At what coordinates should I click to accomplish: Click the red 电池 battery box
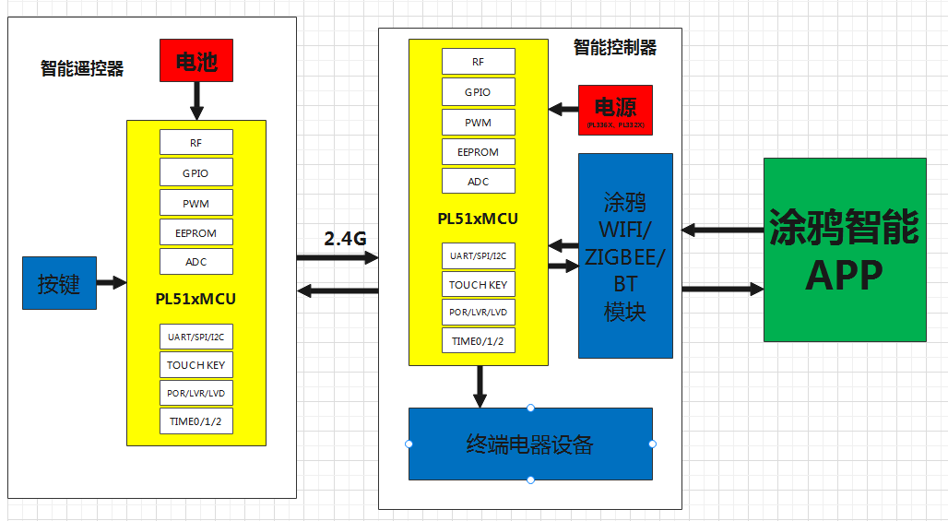(x=196, y=61)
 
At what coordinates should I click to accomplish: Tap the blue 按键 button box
(x=59, y=283)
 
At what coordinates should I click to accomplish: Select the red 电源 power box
(x=614, y=109)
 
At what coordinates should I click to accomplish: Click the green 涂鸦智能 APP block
(x=844, y=250)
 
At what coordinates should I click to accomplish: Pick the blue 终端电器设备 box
(x=530, y=444)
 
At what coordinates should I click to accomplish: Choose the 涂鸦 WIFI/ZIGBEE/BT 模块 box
(x=625, y=255)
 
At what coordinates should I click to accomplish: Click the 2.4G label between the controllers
(x=345, y=239)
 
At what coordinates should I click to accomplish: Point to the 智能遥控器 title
(x=82, y=69)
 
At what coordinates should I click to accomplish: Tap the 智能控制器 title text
(x=615, y=47)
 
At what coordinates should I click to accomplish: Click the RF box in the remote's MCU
(x=196, y=142)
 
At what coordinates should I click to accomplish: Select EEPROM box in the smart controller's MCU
(x=478, y=152)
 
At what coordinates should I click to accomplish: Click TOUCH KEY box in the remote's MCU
(x=196, y=364)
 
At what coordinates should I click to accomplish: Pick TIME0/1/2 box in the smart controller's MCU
(x=478, y=340)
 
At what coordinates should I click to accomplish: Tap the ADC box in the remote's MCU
(x=196, y=262)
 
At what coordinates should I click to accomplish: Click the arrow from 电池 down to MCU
(x=196, y=101)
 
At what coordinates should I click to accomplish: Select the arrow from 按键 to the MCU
(x=111, y=283)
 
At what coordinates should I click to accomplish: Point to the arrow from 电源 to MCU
(x=563, y=109)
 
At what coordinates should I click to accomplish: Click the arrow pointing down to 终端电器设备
(x=480, y=386)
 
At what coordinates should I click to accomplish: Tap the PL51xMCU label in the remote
(x=196, y=299)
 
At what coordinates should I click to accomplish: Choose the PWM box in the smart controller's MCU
(x=478, y=122)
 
